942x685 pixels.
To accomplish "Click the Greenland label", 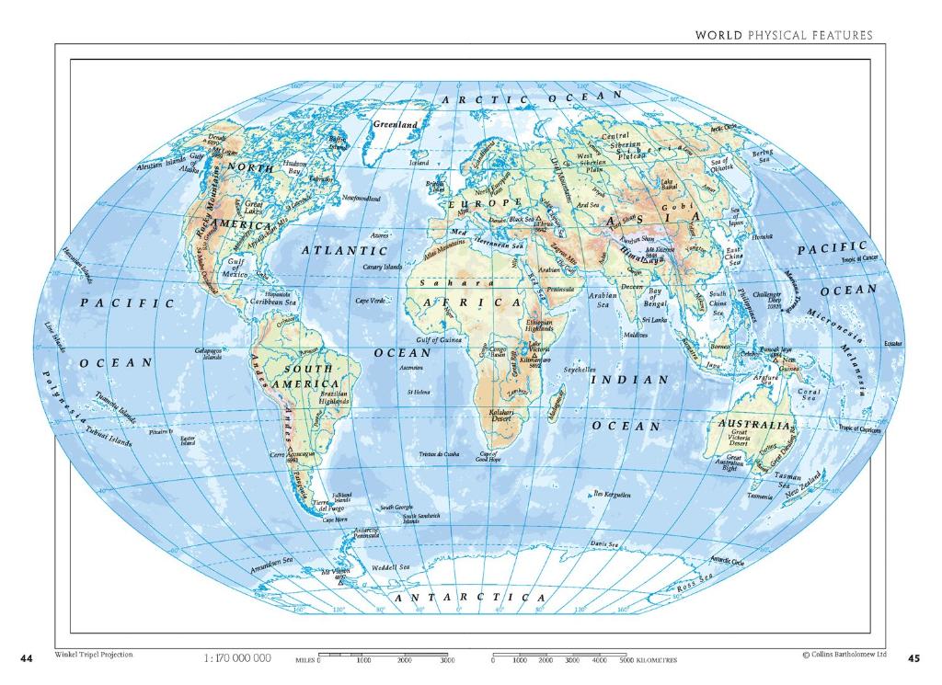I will [x=395, y=124].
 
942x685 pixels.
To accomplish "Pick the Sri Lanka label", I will [x=654, y=320].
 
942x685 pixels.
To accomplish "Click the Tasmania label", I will [x=760, y=496].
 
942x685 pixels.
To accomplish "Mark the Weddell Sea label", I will [x=390, y=568].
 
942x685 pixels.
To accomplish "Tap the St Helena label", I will [x=419, y=393].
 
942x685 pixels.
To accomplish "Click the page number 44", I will [x=27, y=658].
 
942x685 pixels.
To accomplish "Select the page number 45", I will [x=913, y=658].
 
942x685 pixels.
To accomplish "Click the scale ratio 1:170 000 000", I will [x=236, y=658].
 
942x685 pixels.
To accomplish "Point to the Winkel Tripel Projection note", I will [x=94, y=655].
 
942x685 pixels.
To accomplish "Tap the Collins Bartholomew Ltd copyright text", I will [x=844, y=655].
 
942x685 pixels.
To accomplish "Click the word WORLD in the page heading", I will [x=718, y=35].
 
